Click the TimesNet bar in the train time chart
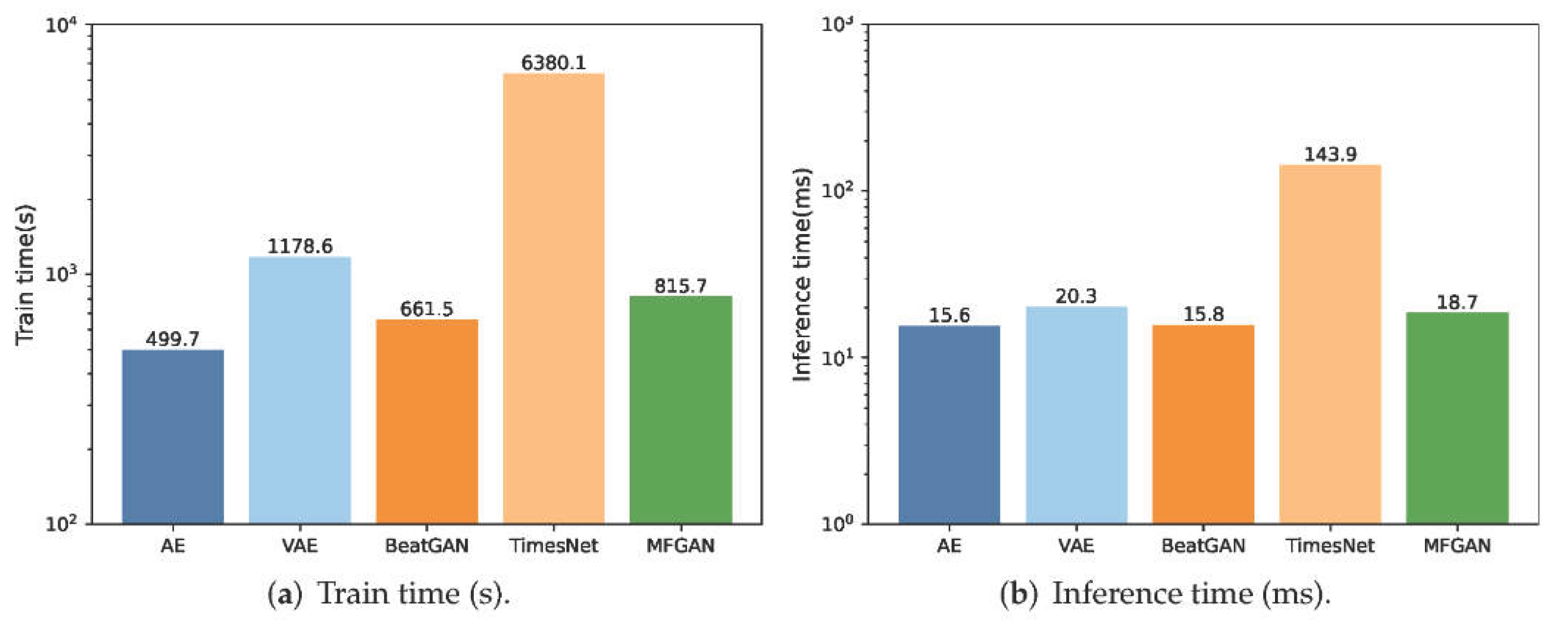[x=554, y=298]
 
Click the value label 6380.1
[x=554, y=63]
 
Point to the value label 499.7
[x=173, y=339]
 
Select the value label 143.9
[x=1330, y=154]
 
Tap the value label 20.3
[x=1076, y=296]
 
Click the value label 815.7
[x=680, y=286]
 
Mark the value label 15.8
[x=1203, y=314]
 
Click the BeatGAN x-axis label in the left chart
[x=427, y=545]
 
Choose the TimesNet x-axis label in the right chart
[x=1330, y=545]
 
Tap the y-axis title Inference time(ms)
[x=802, y=274]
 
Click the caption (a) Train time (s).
[x=389, y=594]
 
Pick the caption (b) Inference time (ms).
[x=1165, y=594]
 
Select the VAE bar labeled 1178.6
[x=299, y=390]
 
